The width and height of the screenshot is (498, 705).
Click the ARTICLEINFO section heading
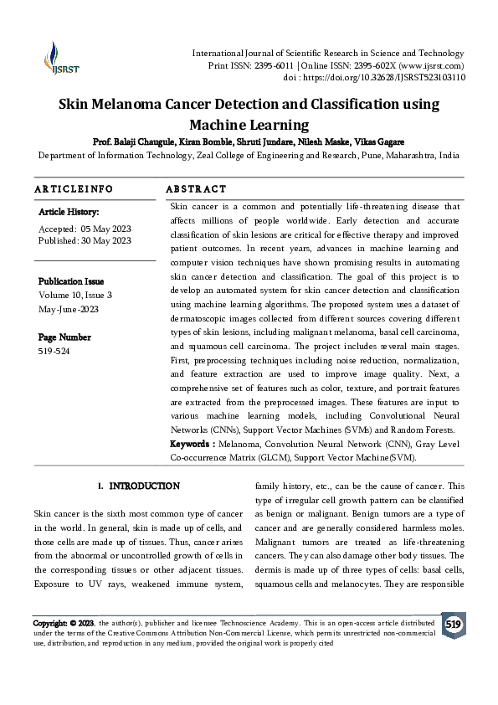coord(74,189)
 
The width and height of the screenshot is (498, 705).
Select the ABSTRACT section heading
coord(196,189)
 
